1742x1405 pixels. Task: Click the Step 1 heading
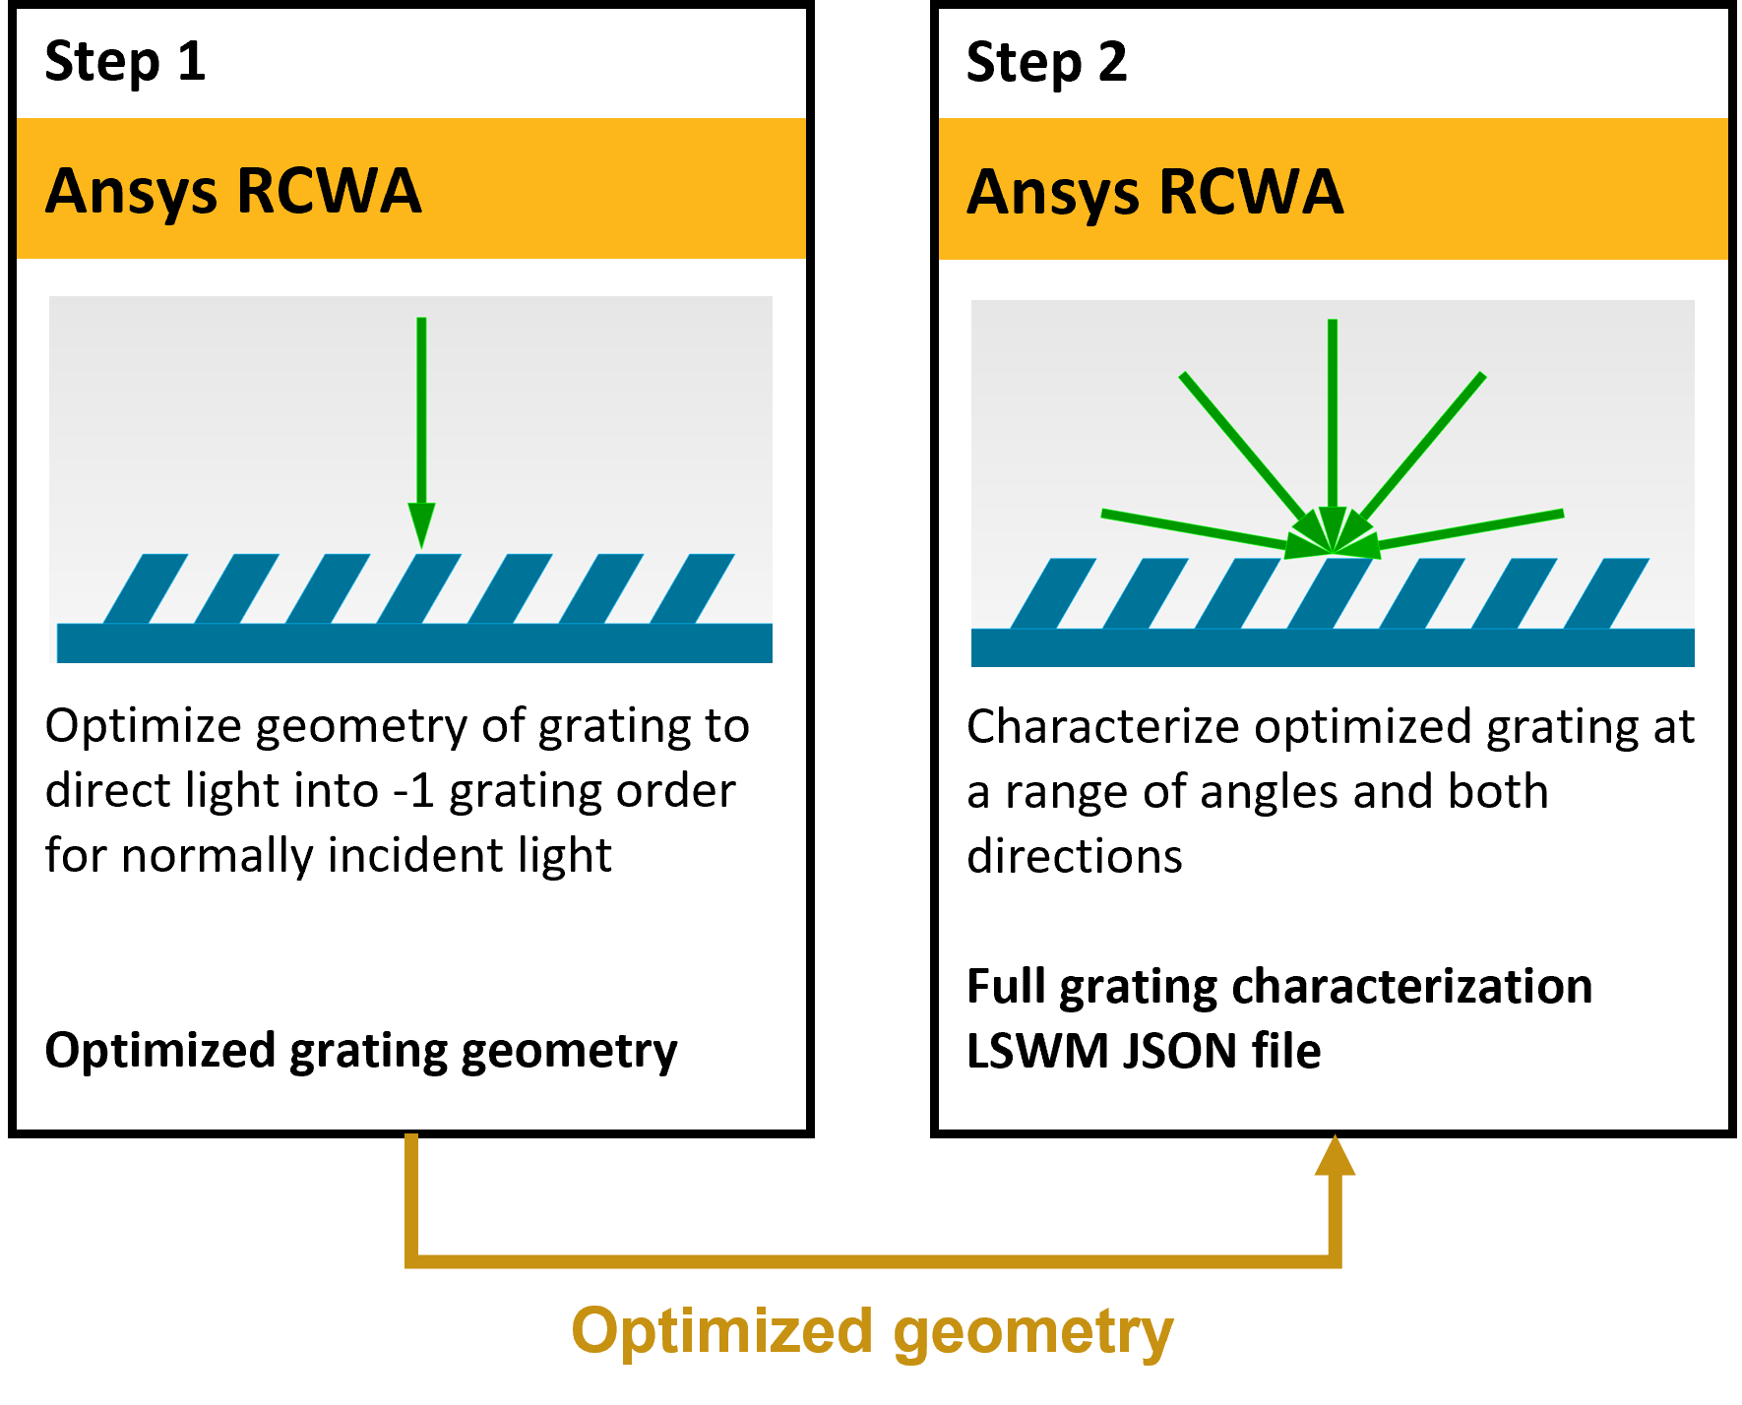click(125, 62)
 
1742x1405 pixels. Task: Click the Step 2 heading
click(1046, 62)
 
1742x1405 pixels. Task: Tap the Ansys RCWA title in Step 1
click(233, 192)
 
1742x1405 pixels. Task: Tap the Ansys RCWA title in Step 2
click(1154, 192)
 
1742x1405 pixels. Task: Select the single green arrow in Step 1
click(421, 432)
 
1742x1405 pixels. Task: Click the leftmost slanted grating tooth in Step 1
click(146, 588)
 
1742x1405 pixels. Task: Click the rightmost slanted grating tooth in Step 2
click(1606, 593)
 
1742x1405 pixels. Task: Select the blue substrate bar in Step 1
click(414, 642)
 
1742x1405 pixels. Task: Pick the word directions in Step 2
click(1075, 856)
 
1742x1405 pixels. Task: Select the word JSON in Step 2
click(1180, 1051)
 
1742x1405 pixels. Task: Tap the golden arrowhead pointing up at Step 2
click(1336, 1155)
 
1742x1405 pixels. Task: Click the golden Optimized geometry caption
click(872, 1333)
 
